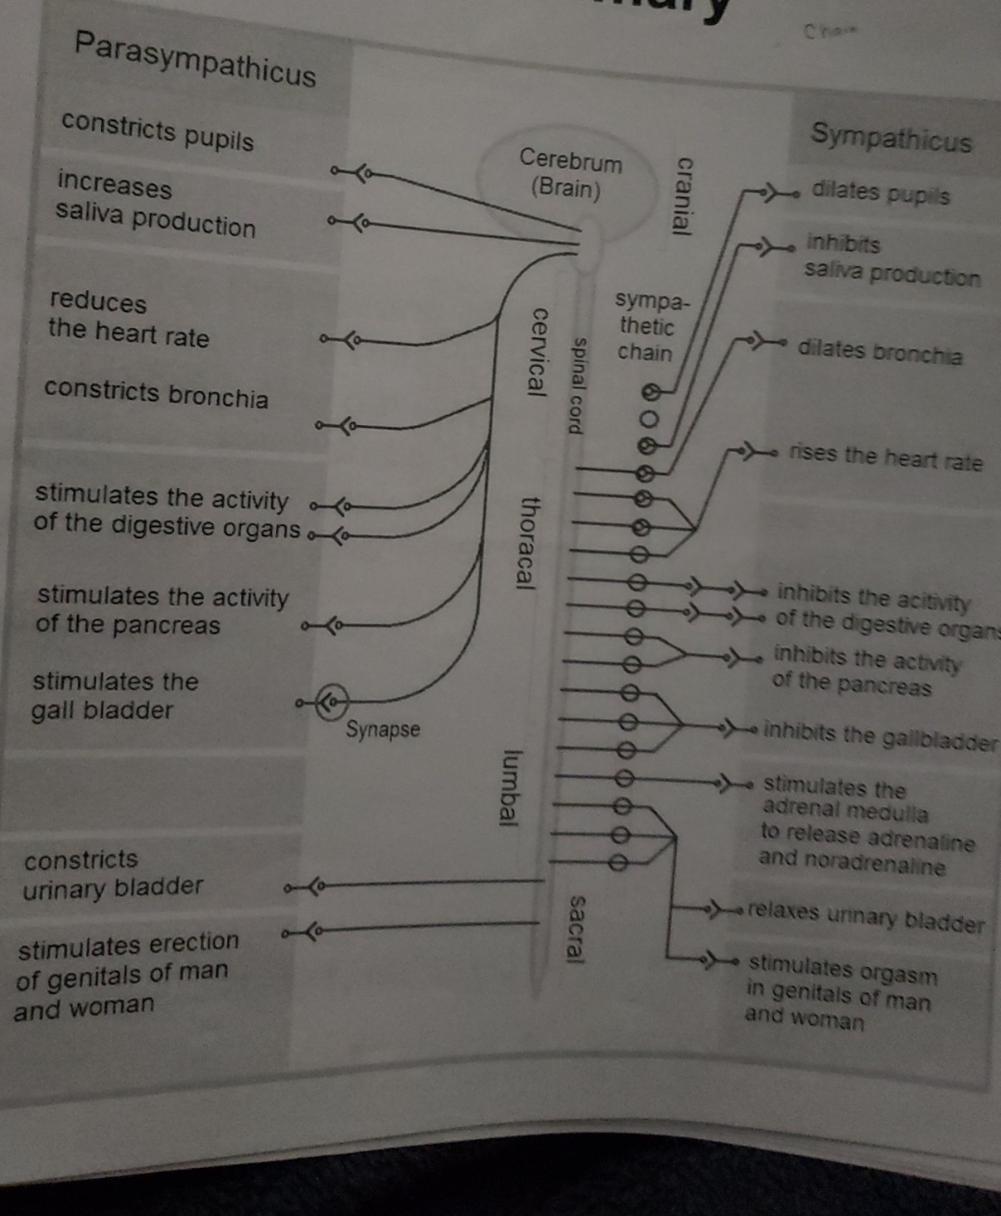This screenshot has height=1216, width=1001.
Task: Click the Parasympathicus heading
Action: point(196,57)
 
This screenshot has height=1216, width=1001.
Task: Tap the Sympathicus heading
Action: point(891,138)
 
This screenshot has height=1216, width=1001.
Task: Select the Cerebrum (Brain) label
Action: point(569,173)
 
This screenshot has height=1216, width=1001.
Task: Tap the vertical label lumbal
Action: point(509,788)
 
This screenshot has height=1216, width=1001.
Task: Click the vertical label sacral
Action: point(577,929)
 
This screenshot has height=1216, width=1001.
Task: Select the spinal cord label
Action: point(577,384)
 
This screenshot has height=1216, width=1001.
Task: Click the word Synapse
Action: point(383,730)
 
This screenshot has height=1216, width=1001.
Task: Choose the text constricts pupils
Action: point(158,131)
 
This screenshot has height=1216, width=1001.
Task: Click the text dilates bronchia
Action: point(880,351)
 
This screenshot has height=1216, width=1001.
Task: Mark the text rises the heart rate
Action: point(885,457)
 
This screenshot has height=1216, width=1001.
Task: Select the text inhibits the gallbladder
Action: point(881,737)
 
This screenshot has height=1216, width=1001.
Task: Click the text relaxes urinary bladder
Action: point(865,917)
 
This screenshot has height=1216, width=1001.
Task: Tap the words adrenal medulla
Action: point(844,811)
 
